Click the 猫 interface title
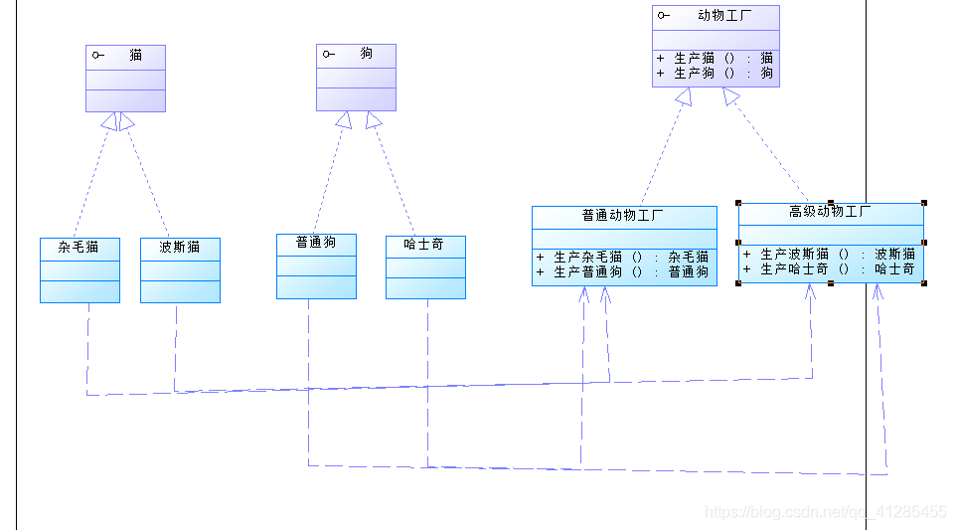135,56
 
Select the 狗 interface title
367,54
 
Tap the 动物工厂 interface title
725,15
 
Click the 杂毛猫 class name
79,247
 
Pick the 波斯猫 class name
179,247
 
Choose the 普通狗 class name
315,243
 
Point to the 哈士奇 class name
424,245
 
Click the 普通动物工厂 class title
623,215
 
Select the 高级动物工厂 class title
830,212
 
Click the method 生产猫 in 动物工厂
715,58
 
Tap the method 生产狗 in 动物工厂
715,73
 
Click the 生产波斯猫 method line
830,255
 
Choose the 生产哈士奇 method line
830,269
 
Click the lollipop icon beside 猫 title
98,56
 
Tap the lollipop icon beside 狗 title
329,54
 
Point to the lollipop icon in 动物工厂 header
664,15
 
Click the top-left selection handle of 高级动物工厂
738,203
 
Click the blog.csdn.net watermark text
824,512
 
